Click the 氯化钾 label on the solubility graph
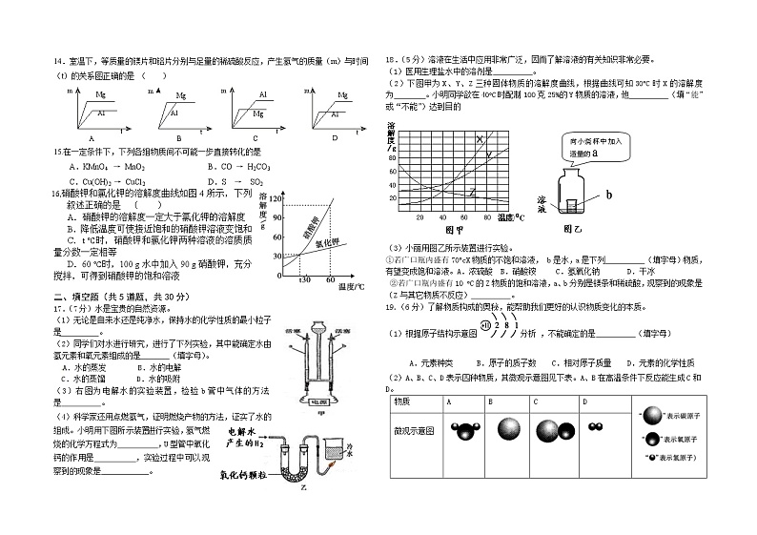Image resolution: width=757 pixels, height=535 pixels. click(x=325, y=243)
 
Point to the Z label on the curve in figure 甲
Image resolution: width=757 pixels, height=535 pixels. click(x=471, y=194)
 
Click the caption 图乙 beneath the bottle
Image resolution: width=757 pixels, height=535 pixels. click(x=574, y=229)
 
